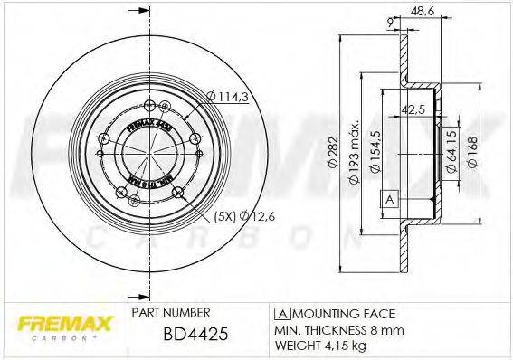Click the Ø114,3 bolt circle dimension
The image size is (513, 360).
[x=226, y=97]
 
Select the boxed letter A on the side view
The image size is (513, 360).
[x=389, y=198]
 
